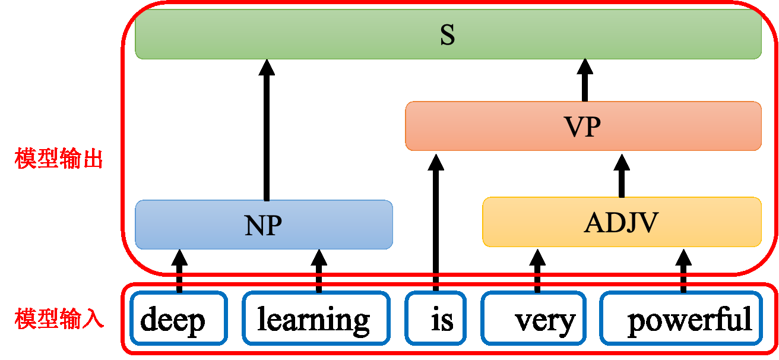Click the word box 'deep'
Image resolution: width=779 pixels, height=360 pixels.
(x=179, y=318)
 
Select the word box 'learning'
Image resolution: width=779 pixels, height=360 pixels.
(x=316, y=318)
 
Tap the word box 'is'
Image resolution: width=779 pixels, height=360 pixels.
(x=436, y=318)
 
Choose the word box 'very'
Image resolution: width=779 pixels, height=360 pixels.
(x=533, y=318)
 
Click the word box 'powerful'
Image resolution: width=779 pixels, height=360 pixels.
(x=681, y=318)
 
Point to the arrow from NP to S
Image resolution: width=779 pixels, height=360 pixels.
(x=267, y=131)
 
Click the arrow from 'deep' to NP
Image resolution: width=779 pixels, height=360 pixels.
(x=179, y=270)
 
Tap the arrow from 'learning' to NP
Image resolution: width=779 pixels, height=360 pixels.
(x=319, y=270)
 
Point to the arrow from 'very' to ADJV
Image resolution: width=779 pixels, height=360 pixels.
(x=537, y=270)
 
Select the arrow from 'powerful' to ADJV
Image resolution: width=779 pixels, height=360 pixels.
(x=683, y=270)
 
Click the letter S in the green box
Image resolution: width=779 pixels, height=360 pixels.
(x=448, y=35)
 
